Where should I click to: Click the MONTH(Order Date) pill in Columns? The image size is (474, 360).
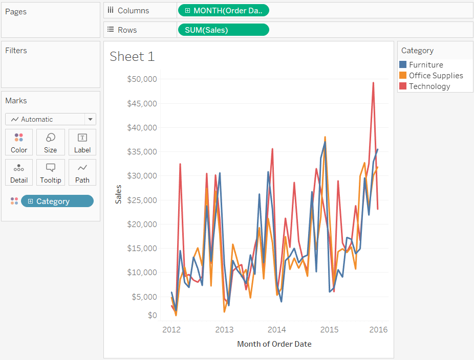[223, 10]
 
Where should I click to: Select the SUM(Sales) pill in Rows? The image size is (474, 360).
[223, 30]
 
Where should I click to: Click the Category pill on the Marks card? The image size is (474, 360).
[57, 201]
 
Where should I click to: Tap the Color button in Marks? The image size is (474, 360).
[19, 142]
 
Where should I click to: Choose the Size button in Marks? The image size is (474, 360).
[50, 142]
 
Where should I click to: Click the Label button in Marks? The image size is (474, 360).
[82, 142]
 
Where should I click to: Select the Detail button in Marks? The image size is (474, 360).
[19, 173]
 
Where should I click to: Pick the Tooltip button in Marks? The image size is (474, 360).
[50, 173]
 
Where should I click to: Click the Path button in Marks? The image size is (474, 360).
[82, 173]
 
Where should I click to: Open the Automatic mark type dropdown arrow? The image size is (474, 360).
[90, 119]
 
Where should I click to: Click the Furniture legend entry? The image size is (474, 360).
[425, 65]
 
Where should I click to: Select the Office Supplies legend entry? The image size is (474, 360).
[435, 76]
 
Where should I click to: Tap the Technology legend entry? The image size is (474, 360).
[429, 86]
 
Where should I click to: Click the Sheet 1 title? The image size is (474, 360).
[132, 56]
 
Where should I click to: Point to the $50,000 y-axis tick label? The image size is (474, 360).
[142, 79]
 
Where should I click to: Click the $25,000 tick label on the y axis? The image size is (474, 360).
[142, 200]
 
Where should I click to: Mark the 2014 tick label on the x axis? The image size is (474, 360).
[276, 329]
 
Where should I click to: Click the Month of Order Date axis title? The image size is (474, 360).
[274, 344]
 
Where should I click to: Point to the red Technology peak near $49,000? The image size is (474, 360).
[373, 83]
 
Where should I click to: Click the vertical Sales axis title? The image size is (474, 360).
[118, 194]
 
